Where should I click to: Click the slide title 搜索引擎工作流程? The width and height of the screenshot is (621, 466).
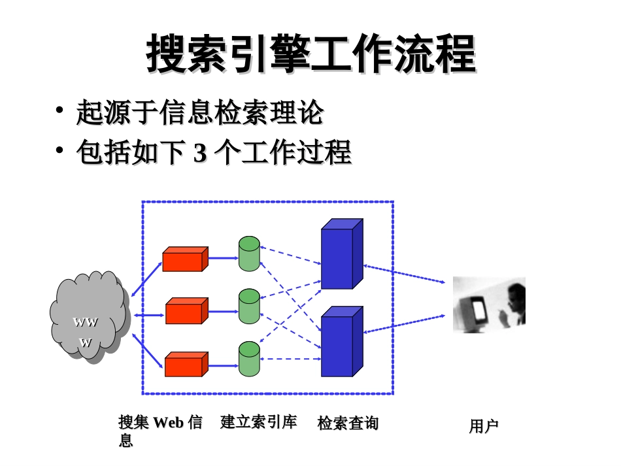[x=311, y=53]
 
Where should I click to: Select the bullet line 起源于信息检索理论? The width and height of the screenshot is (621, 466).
[x=200, y=112]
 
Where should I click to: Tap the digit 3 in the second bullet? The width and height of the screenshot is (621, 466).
[x=200, y=152]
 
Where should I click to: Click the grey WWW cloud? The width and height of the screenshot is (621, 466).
[x=90, y=317]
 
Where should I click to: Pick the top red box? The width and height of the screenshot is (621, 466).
[x=186, y=259]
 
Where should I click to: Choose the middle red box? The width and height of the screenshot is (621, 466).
[x=186, y=311]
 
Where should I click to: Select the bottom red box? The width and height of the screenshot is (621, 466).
[x=186, y=364]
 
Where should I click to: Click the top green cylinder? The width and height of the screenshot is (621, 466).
[x=249, y=254]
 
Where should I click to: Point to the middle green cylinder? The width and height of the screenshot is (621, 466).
[x=249, y=307]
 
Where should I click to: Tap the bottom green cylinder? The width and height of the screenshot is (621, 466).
[x=249, y=359]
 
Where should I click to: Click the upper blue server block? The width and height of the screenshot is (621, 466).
[x=342, y=254]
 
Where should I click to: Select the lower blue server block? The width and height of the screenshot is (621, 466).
[x=342, y=341]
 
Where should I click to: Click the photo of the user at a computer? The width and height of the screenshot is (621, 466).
[x=489, y=305]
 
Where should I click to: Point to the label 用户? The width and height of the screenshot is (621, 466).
[x=484, y=426]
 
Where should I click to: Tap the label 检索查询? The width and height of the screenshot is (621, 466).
[x=348, y=423]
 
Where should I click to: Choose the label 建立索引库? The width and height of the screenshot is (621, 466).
[x=258, y=422]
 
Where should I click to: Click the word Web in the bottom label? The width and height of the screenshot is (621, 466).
[x=168, y=422]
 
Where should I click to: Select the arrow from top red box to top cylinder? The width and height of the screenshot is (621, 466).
[x=224, y=258]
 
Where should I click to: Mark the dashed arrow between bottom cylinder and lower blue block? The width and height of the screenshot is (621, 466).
[x=290, y=359]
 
